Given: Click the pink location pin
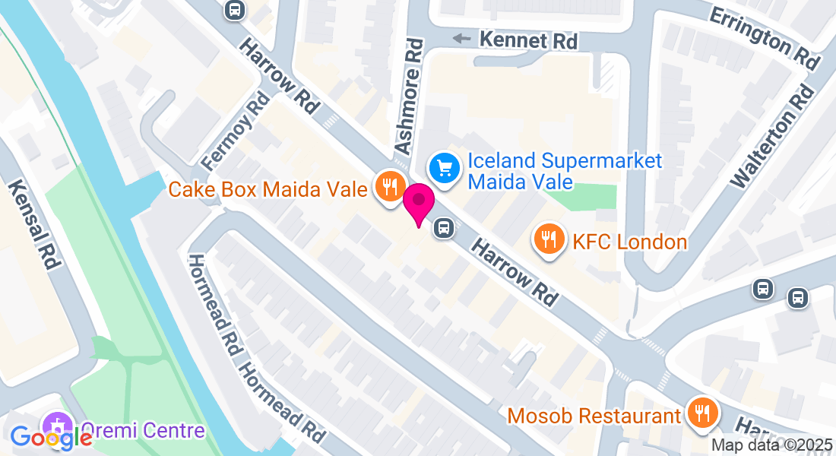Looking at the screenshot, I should pos(418,203).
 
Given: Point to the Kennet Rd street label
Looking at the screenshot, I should pos(526,40).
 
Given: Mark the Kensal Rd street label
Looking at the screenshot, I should pos(34,225).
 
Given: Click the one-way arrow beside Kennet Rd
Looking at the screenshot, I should pos(461,38).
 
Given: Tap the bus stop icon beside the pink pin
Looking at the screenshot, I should pos(444,227).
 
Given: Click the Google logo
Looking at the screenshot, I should pos(51,438).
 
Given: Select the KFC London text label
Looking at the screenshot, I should pos(630,242).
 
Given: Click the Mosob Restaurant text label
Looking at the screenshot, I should pos(594,416).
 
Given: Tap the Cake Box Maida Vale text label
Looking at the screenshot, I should pos(268,188).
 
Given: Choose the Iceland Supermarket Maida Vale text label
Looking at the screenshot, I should pos(565,171).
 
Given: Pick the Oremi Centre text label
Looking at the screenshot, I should pos(142,431).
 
